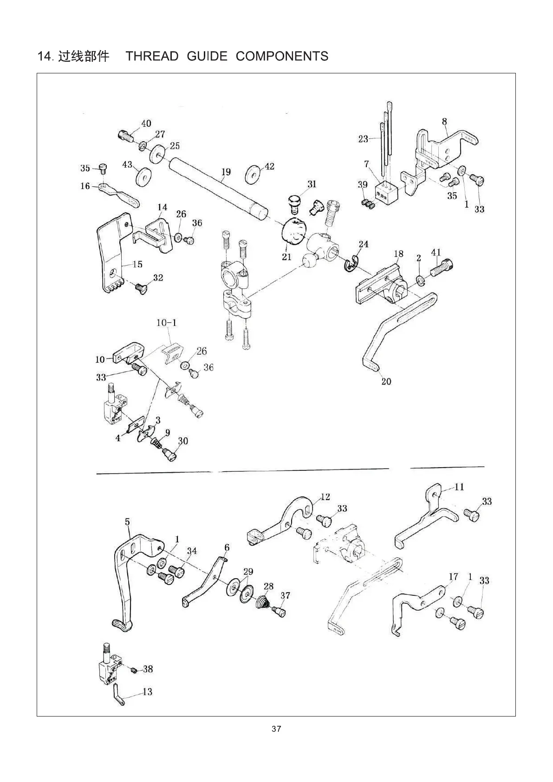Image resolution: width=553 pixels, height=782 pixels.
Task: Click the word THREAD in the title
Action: click(152, 56)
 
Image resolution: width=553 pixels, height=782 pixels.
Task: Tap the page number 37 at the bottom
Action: click(276, 729)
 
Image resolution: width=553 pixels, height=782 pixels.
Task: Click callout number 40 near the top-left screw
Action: click(146, 124)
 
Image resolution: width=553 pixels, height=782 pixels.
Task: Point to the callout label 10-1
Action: click(167, 322)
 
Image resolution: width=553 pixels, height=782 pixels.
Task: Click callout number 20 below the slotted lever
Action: click(386, 382)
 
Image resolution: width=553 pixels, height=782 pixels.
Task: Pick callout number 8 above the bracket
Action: click(444, 122)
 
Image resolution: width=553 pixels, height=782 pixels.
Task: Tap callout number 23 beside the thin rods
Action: click(363, 138)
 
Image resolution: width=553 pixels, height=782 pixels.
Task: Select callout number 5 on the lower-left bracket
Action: click(128, 522)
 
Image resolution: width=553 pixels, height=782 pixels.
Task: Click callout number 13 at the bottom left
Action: click(147, 692)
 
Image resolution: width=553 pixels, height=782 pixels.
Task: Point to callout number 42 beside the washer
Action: click(269, 166)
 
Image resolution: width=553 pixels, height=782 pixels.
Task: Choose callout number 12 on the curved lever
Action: click(325, 497)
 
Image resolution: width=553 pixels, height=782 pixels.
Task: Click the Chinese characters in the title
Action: click(84, 56)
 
